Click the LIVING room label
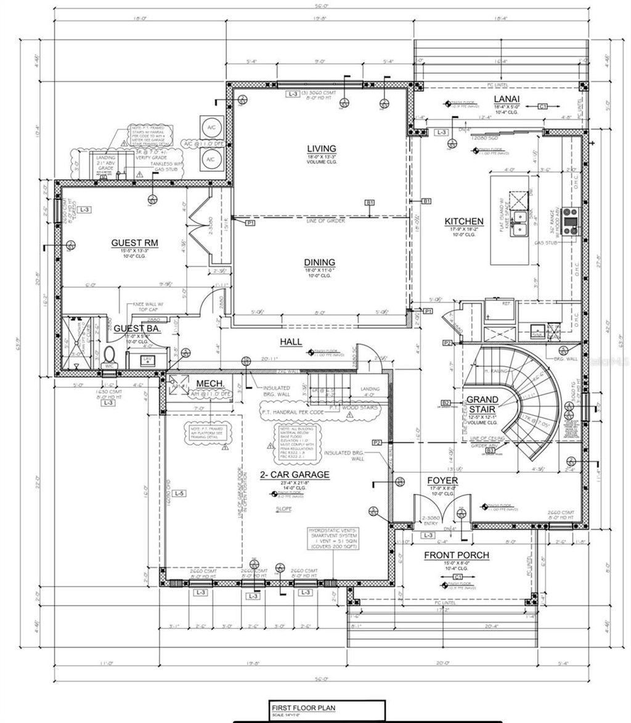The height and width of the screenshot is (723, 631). (x=322, y=148)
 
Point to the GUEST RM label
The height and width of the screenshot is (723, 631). (x=134, y=243)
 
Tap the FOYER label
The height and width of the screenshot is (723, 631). (x=442, y=480)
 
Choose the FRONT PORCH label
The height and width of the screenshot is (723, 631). (x=457, y=555)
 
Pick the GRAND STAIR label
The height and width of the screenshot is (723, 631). (x=481, y=404)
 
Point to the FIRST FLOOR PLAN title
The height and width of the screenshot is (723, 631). (x=303, y=708)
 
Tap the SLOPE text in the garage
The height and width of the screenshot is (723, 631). (x=284, y=510)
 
